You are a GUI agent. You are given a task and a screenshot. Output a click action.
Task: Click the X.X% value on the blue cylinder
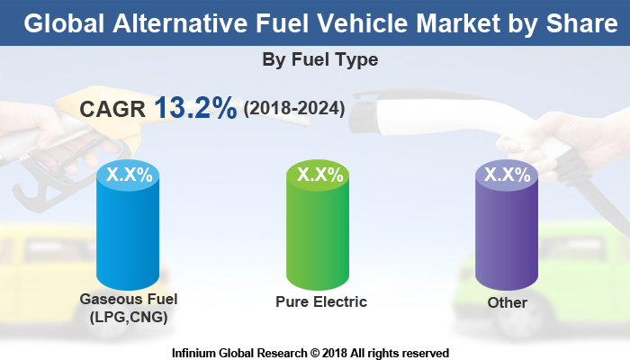(130, 175)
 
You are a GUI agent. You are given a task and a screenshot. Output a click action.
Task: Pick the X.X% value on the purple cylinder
(507, 175)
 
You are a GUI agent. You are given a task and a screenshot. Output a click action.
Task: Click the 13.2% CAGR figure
(195, 108)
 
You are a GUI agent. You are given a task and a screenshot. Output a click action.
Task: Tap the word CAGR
(112, 109)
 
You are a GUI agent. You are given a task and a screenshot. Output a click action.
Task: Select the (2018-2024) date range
(293, 109)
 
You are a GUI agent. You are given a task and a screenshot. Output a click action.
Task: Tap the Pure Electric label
(321, 301)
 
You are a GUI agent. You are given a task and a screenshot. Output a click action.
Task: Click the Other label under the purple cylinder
(507, 302)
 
